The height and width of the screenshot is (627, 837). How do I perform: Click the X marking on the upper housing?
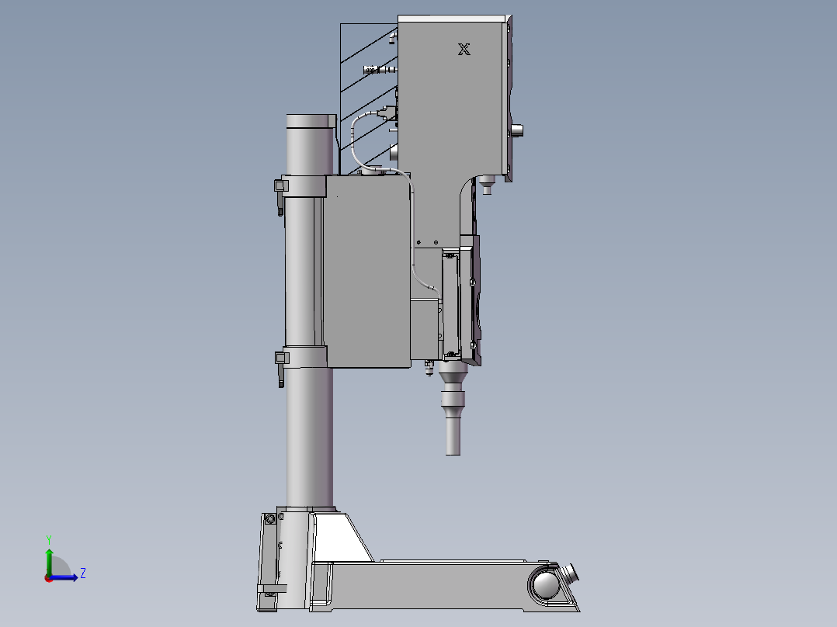464,50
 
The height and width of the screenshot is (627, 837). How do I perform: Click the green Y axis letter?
48,539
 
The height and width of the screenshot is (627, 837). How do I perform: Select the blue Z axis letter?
82,573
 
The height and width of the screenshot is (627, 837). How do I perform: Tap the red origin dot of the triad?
48,578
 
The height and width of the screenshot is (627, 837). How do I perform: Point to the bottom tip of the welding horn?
453,452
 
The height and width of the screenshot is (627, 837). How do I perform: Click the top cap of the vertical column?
311,120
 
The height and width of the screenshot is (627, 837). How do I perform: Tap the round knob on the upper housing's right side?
517,130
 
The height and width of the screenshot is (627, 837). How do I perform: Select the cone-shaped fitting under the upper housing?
488,186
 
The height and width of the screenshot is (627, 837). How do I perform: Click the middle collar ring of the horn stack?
454,400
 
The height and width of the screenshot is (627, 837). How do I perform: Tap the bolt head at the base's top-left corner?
269,518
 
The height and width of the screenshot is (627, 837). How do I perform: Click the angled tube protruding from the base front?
573,575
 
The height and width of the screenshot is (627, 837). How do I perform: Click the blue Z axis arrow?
70,577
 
